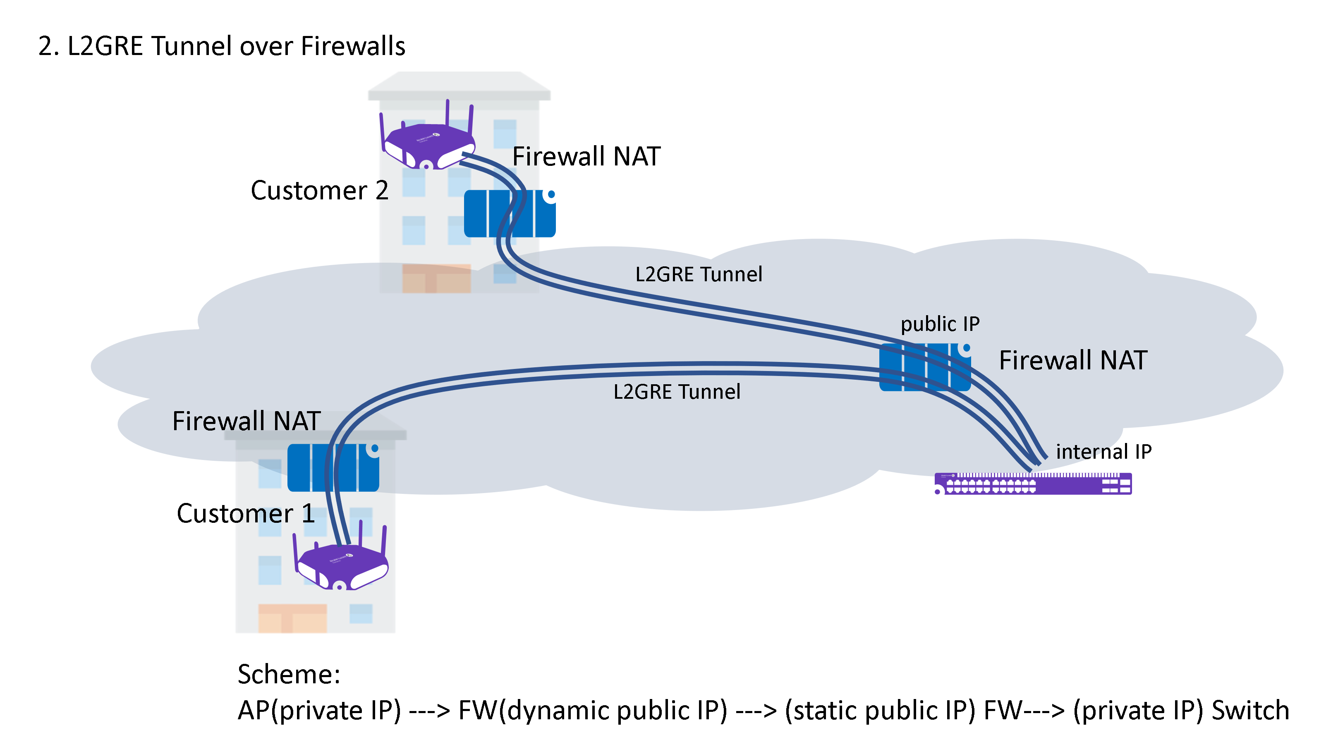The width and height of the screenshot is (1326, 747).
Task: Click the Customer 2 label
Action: tap(319, 191)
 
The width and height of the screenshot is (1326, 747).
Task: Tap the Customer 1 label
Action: tap(246, 514)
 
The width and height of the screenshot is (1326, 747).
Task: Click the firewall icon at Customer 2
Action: tap(509, 214)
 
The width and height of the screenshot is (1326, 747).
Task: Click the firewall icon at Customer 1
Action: tap(333, 467)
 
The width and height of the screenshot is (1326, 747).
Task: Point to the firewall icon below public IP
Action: tap(924, 367)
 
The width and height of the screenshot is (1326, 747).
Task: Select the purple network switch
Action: tap(1033, 484)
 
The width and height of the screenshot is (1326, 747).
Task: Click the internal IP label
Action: tap(1103, 452)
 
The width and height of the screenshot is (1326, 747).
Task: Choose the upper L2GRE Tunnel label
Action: tap(699, 274)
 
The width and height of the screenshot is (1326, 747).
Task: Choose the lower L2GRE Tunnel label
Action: tap(676, 392)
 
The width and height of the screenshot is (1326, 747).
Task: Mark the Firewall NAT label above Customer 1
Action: tap(246, 421)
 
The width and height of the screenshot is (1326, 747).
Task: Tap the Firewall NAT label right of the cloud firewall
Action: tap(1073, 360)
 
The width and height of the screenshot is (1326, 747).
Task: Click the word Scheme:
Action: tap(289, 675)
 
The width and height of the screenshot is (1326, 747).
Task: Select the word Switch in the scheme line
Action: tap(1250, 711)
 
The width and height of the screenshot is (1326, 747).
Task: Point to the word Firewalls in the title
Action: tap(353, 46)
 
